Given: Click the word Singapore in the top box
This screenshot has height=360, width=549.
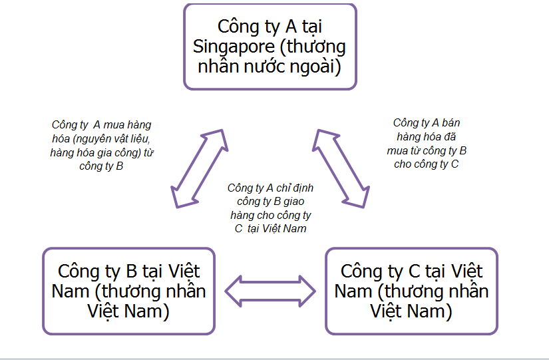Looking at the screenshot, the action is pos(234,47).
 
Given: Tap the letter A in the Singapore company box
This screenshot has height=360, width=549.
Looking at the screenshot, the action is pos(291,26).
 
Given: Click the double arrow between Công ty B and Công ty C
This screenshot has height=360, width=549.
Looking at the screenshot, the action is pos(270,291).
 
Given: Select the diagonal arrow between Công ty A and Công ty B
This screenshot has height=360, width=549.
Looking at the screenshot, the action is pos(200,168).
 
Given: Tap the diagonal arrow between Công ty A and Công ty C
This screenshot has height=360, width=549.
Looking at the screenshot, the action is pos(341,168).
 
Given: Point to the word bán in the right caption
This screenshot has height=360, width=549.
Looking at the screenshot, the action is pos(451,123).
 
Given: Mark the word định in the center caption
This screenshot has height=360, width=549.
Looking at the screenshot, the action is pos(303,188).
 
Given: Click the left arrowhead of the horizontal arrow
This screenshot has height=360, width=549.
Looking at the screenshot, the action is pos(233,291).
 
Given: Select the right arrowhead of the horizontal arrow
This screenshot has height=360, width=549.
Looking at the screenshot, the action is pos(307,291).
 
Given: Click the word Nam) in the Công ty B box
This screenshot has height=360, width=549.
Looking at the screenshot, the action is pos(148,311).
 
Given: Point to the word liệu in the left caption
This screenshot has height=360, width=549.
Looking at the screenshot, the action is pos(141,139).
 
